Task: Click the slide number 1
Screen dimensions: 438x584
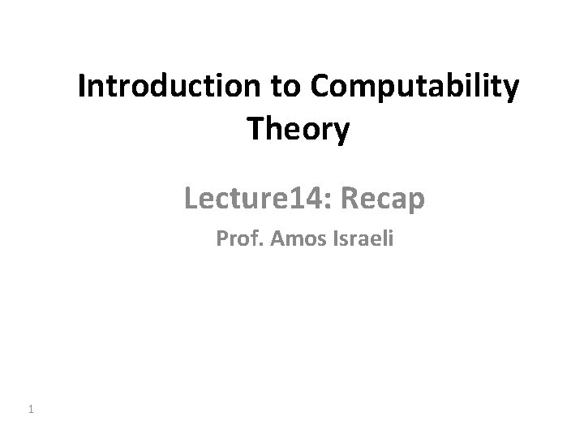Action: tap(30, 410)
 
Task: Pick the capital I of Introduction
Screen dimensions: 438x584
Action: tap(82, 88)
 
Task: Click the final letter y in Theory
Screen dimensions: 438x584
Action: tap(341, 131)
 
